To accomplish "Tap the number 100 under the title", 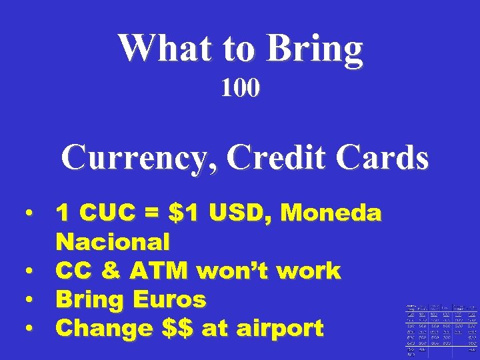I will click(241, 88).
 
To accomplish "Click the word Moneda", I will click(331, 213).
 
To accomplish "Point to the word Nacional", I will click(113, 241).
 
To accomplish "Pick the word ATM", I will click(152, 271).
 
